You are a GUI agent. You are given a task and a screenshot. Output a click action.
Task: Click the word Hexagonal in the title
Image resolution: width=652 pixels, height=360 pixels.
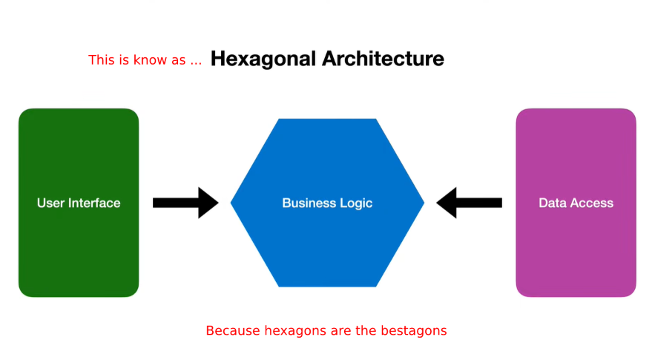click(263, 59)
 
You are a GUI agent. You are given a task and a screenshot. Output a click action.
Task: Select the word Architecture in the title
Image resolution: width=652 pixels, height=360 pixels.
click(383, 59)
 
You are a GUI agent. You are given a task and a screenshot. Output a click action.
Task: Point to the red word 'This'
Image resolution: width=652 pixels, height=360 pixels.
click(102, 60)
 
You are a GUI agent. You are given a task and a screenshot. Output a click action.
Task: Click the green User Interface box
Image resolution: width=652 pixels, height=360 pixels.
click(79, 203)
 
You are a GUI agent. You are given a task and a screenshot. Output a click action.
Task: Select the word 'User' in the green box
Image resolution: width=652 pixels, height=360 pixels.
click(50, 203)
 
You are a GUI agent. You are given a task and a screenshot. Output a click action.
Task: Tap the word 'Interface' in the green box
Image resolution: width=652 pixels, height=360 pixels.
click(94, 203)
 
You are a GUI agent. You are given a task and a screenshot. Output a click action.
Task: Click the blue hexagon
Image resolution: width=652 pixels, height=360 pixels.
click(327, 203)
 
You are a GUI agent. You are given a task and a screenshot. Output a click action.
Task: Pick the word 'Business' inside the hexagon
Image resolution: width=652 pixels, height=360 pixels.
click(309, 203)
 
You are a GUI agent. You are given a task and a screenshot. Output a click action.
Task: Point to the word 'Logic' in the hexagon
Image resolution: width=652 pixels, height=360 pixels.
click(356, 203)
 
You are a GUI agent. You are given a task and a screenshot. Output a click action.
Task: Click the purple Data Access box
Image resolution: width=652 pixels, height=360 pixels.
click(576, 203)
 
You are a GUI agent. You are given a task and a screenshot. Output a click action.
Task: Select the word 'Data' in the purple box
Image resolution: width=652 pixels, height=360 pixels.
click(552, 203)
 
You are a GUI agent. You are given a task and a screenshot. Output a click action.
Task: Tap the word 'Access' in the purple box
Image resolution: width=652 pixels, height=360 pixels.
click(591, 203)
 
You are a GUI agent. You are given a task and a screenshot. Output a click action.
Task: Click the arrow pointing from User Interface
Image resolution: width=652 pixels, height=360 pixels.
click(185, 203)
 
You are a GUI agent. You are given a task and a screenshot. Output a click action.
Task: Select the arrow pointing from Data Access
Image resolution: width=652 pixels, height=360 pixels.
click(469, 203)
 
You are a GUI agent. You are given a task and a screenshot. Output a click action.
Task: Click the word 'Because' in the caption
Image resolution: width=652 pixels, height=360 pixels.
click(233, 331)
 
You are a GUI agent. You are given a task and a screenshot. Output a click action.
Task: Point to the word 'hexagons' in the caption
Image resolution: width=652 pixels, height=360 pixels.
click(296, 332)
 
